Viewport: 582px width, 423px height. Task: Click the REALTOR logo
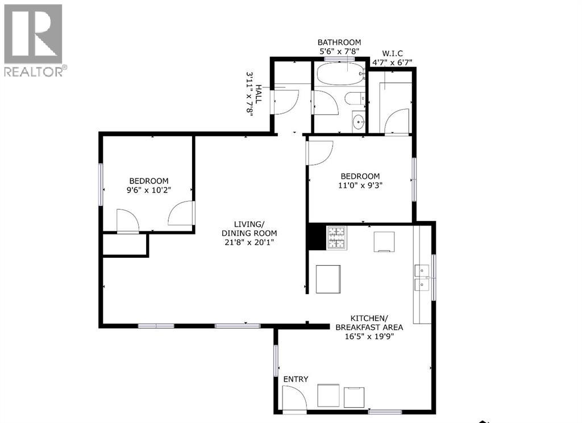click(x=34, y=40)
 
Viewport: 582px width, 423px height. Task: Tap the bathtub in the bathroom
click(x=340, y=74)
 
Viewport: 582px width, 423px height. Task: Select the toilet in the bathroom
click(x=355, y=99)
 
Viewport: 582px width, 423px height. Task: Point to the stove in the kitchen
click(x=336, y=238)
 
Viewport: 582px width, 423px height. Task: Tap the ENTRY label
click(x=296, y=379)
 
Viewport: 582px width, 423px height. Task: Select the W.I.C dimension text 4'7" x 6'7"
click(x=392, y=62)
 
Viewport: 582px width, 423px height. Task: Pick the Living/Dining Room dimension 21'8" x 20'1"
click(x=249, y=242)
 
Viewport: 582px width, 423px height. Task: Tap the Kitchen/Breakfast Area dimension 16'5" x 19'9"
click(x=369, y=337)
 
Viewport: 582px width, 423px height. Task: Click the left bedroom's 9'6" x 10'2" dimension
click(x=148, y=190)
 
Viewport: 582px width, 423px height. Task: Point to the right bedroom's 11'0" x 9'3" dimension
click(x=360, y=185)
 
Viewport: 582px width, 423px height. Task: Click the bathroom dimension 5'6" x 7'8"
click(x=339, y=51)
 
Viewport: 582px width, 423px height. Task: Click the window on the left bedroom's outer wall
click(x=100, y=185)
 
